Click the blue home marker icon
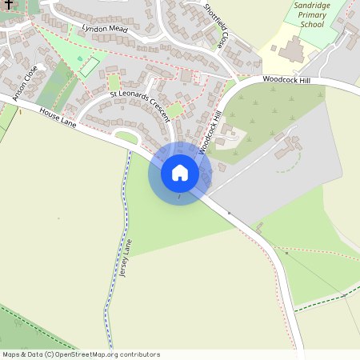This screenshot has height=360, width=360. (180, 173)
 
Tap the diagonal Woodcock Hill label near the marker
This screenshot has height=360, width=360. (209, 132)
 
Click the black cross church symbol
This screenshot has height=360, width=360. (6, 4)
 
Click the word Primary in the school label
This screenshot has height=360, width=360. (310, 14)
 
